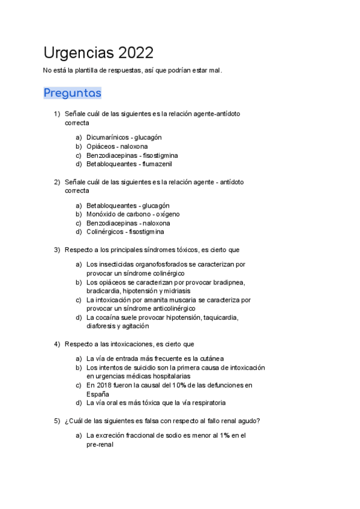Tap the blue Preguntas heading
tap(73, 93)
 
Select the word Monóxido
tap(100, 214)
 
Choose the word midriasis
tap(179, 291)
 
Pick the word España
tap(97, 394)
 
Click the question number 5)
tap(57, 420)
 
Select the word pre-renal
tap(100, 445)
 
